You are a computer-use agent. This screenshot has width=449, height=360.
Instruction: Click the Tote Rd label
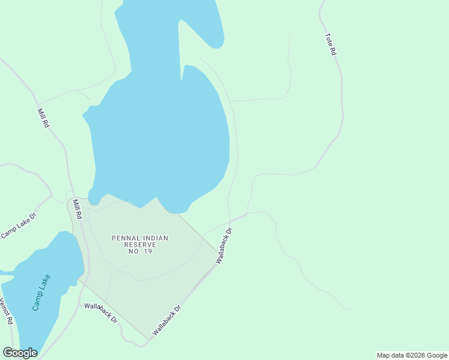click(330, 44)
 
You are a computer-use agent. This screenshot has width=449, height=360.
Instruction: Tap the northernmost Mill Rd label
click(43, 118)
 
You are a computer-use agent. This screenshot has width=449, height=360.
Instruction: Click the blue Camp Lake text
click(41, 292)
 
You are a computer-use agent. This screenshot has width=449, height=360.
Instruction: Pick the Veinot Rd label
click(7, 311)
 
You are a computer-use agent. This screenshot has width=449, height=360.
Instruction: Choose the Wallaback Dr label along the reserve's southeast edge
click(167, 320)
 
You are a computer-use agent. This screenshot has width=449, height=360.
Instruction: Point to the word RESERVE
click(140, 245)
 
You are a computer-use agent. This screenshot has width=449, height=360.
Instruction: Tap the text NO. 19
click(140, 251)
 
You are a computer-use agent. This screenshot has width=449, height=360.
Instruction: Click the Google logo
click(20, 353)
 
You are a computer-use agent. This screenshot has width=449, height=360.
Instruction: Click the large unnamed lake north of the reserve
click(162, 138)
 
